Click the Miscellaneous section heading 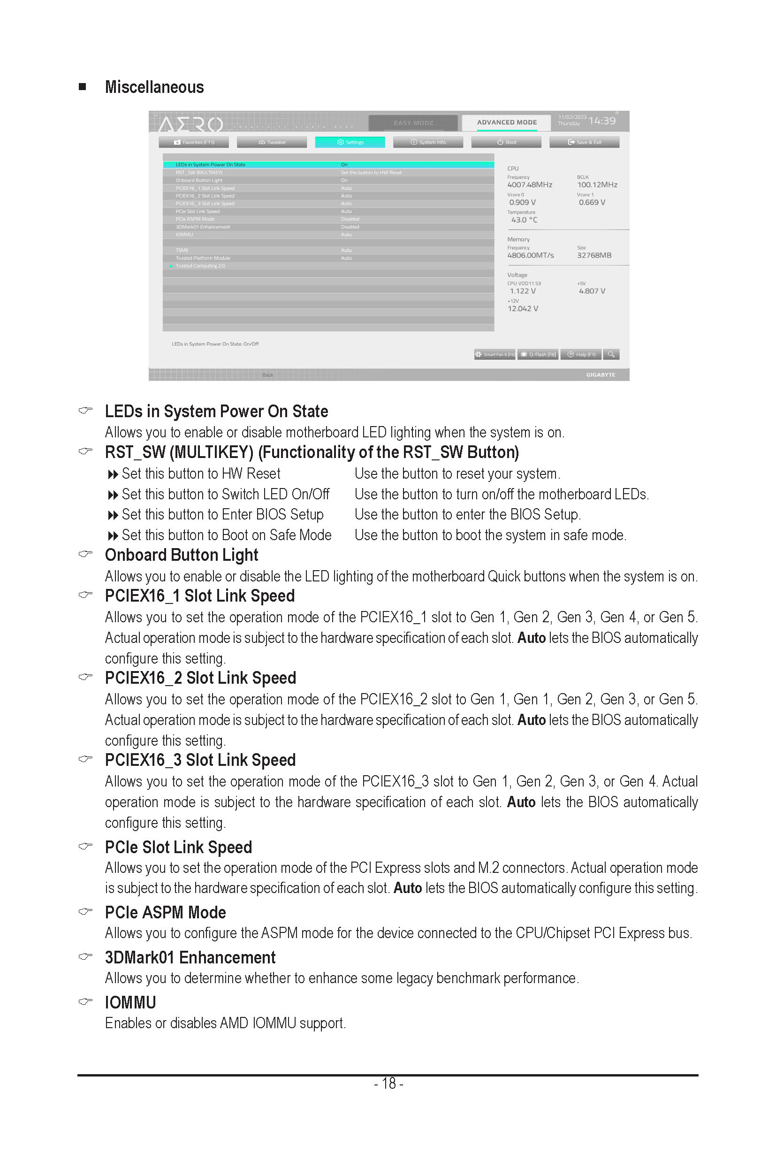[x=154, y=87]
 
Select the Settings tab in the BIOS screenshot [x=350, y=142]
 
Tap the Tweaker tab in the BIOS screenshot [x=272, y=142]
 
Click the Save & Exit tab [x=585, y=142]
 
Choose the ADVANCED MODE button [x=506, y=122]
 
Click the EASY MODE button [x=413, y=123]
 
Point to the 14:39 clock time [x=602, y=121]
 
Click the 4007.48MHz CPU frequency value [x=530, y=184]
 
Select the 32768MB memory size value [x=594, y=255]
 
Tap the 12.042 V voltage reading [x=523, y=308]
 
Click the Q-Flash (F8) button [x=539, y=354]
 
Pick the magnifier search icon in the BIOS [x=611, y=354]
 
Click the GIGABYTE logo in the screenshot [x=601, y=375]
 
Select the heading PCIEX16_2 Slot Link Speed [x=200, y=678]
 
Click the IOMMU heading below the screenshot [x=130, y=1002]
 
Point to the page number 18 [x=388, y=1084]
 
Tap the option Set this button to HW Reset [x=200, y=474]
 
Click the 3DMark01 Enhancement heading [x=190, y=957]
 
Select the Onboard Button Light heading [x=181, y=555]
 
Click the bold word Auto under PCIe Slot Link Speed [x=407, y=888]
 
